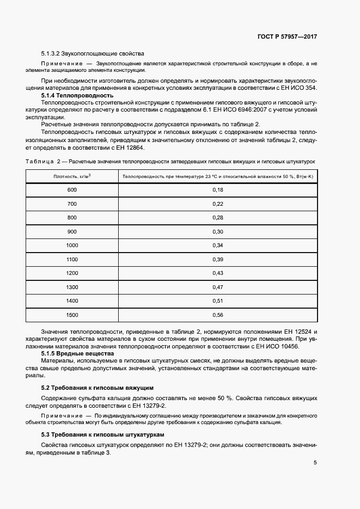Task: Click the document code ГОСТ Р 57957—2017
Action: click(287, 37)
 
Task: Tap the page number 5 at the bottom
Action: click(315, 463)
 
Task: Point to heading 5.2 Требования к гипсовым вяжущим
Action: click(97, 388)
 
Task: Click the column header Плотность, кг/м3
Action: click(72, 176)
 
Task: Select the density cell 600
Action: click(72, 189)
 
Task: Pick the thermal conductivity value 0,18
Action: click(218, 189)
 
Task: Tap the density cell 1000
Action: click(72, 245)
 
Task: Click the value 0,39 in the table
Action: click(218, 259)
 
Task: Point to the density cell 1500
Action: click(72, 315)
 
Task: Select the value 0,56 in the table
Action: click(218, 315)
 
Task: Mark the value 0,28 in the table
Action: click(218, 217)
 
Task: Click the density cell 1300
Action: click(72, 287)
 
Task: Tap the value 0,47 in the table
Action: click(218, 287)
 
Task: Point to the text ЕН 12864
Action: click(128, 148)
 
